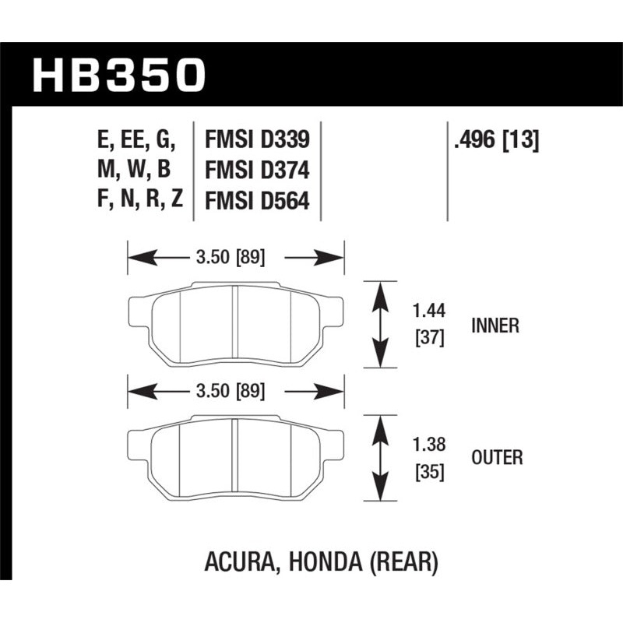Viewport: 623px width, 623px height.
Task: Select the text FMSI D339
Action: click(x=257, y=140)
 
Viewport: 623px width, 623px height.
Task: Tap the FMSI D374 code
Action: click(x=257, y=170)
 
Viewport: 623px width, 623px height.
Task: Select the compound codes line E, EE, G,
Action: click(x=137, y=140)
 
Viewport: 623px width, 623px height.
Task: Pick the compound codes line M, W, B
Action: click(x=137, y=170)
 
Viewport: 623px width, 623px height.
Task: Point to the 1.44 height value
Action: click(x=428, y=311)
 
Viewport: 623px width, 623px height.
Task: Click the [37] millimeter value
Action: click(x=428, y=338)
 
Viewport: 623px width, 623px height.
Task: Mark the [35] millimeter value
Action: click(x=428, y=471)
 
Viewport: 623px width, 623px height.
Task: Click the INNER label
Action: click(x=495, y=326)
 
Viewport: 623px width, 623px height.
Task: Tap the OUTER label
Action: click(x=497, y=458)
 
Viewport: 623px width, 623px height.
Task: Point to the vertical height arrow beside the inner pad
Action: click(x=381, y=324)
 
